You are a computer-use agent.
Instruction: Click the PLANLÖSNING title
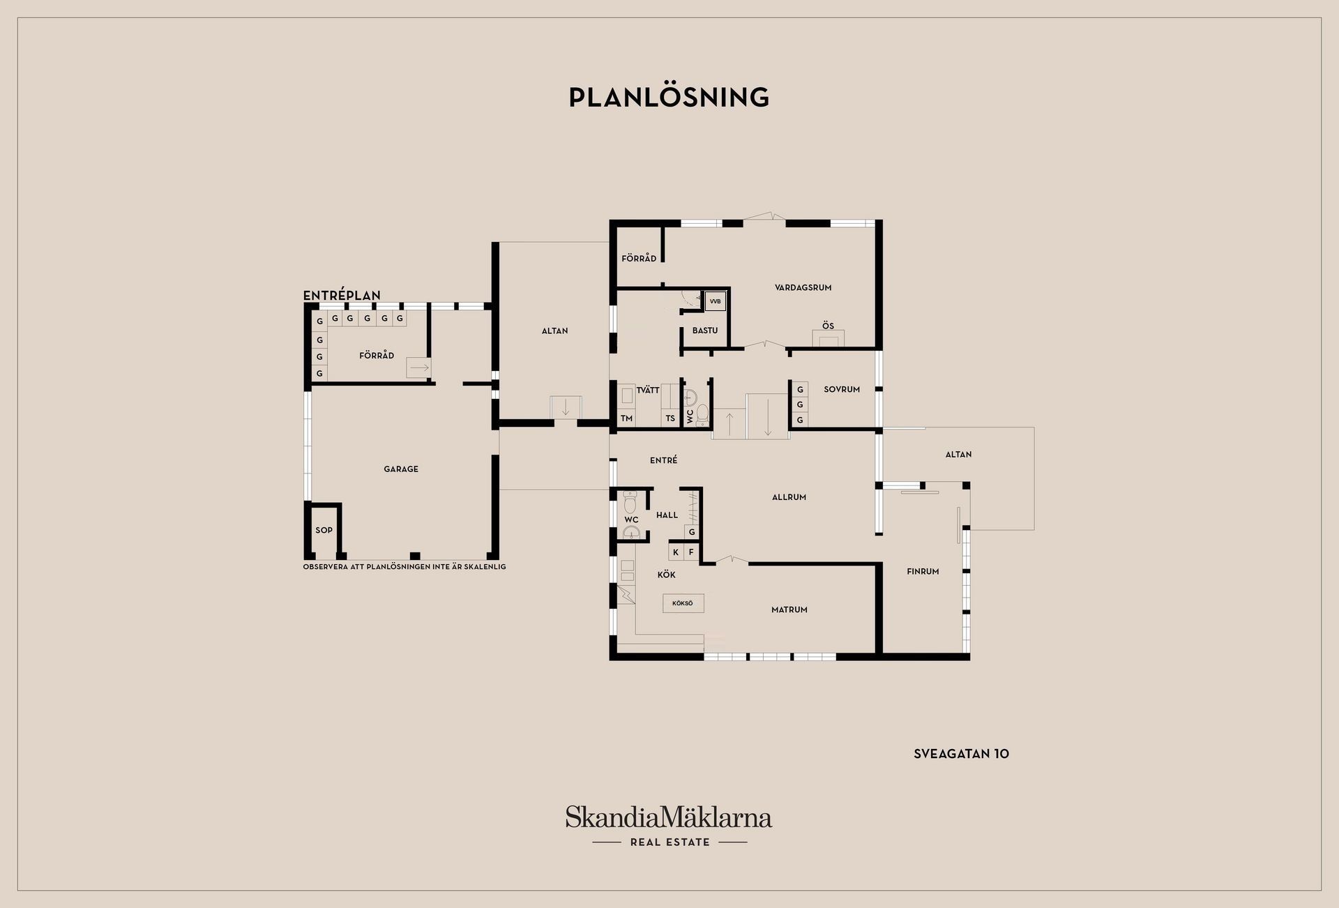pyautogui.click(x=669, y=97)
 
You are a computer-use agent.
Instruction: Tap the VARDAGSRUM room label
pyautogui.click(x=803, y=287)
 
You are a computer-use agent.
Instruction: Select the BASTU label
pyautogui.click(x=705, y=331)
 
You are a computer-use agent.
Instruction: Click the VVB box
pyautogui.click(x=715, y=301)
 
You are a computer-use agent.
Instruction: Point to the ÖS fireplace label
pyautogui.click(x=828, y=326)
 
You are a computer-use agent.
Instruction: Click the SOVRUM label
pyautogui.click(x=842, y=389)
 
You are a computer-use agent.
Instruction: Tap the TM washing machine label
pyautogui.click(x=626, y=418)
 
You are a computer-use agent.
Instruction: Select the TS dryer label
pyautogui.click(x=670, y=418)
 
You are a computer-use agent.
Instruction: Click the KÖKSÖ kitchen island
pyautogui.click(x=683, y=603)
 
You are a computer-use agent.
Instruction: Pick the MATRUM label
pyautogui.click(x=789, y=610)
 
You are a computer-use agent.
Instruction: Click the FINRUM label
pyautogui.click(x=923, y=571)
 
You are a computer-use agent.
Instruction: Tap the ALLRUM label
pyautogui.click(x=789, y=497)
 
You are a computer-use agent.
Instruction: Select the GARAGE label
pyautogui.click(x=401, y=469)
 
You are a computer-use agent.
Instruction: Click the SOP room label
pyautogui.click(x=324, y=530)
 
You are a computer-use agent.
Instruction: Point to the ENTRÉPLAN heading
pyautogui.click(x=342, y=296)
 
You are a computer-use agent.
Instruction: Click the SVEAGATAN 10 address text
pyautogui.click(x=961, y=754)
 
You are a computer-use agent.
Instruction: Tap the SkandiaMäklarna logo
pyautogui.click(x=669, y=826)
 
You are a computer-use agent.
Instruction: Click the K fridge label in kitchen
pyautogui.click(x=676, y=552)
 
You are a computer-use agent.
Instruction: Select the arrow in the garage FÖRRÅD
pyautogui.click(x=418, y=368)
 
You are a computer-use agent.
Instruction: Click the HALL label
pyautogui.click(x=667, y=515)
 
